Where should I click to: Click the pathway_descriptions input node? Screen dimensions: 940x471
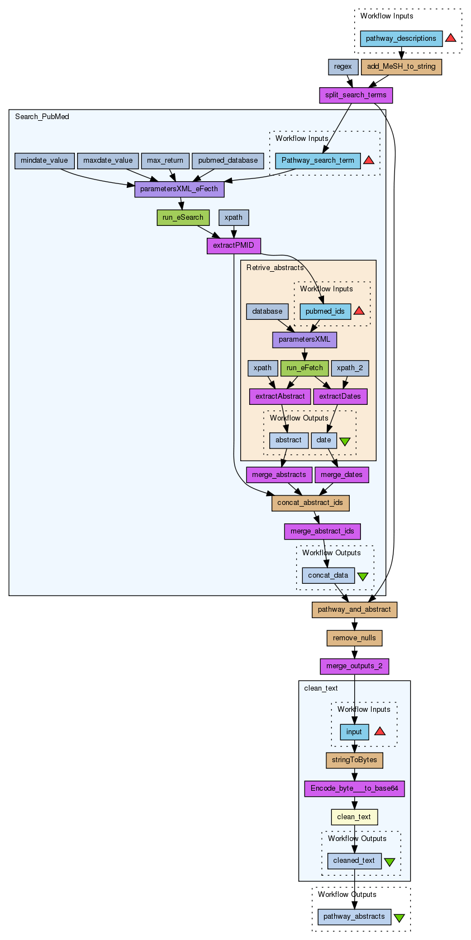(x=401, y=39)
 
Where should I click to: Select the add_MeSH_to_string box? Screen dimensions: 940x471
(x=401, y=67)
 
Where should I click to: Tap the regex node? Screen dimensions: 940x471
(x=342, y=67)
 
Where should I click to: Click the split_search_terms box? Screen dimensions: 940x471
(x=355, y=95)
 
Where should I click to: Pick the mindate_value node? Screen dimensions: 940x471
(x=44, y=160)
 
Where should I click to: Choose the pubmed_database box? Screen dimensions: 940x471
(x=228, y=160)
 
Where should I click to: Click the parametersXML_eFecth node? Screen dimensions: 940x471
(x=179, y=189)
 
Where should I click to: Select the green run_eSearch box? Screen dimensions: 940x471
(x=183, y=218)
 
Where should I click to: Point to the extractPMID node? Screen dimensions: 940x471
(x=234, y=245)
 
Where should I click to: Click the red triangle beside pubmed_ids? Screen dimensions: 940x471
(x=359, y=311)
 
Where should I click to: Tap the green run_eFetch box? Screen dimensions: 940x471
(x=305, y=368)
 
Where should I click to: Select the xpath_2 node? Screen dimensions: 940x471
(x=350, y=368)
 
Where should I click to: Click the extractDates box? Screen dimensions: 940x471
(x=340, y=396)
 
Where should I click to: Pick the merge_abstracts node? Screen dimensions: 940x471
(x=279, y=475)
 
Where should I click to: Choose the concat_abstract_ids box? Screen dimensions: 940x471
(x=310, y=503)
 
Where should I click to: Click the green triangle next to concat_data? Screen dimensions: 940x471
(x=363, y=576)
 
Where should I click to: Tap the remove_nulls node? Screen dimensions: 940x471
(x=354, y=638)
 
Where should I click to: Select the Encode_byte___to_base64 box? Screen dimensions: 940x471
(x=354, y=788)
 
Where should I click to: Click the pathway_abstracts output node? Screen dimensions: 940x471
(x=354, y=917)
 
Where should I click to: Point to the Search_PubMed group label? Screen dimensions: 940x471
(x=42, y=117)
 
